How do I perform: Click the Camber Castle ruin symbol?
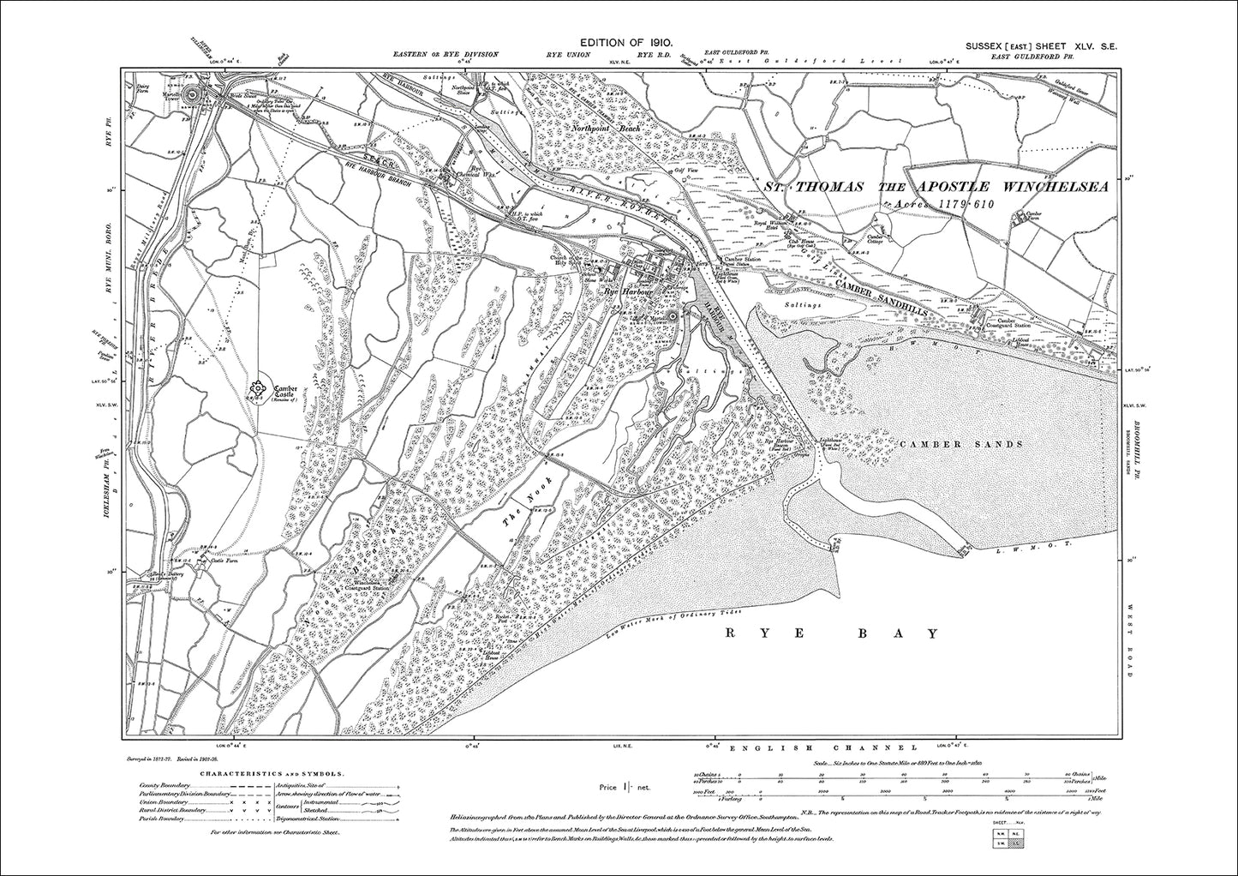257,391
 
